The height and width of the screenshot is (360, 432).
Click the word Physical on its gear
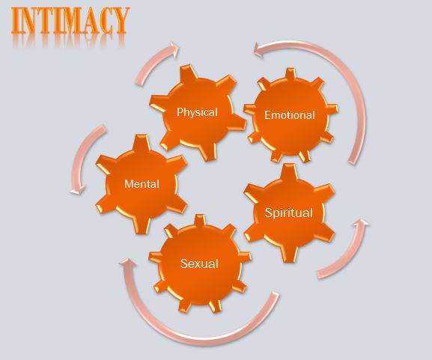[197, 112]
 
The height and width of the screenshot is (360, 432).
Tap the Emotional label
[290, 115]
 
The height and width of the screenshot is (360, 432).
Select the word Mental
[142, 184]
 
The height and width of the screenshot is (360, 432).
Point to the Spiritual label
[289, 213]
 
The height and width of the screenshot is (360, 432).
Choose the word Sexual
[199, 263]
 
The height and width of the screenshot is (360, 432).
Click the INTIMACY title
[70, 20]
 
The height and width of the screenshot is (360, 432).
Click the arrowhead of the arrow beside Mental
[78, 190]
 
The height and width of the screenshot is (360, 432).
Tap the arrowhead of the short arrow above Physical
[174, 49]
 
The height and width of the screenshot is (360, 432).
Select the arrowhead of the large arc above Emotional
[259, 50]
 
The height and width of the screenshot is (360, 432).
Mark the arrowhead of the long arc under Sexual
[127, 263]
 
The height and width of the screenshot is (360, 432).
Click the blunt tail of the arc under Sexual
[276, 294]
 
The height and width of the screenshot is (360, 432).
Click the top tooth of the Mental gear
[142, 143]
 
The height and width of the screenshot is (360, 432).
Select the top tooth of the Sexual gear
[200, 220]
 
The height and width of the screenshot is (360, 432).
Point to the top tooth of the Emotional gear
[290, 74]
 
